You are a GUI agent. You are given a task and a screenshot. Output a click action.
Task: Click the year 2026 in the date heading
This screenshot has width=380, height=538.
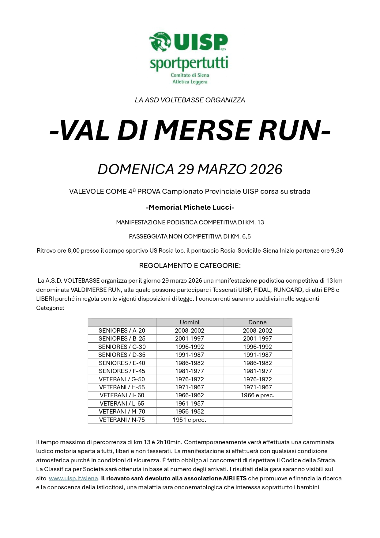click(265, 170)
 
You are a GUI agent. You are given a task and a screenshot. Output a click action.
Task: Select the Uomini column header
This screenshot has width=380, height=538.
click(189, 322)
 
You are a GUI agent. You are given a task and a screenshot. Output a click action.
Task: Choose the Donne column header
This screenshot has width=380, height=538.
click(257, 322)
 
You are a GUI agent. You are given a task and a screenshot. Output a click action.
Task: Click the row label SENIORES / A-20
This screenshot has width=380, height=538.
click(122, 330)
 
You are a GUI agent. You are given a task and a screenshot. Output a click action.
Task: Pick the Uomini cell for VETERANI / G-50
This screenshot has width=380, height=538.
click(189, 379)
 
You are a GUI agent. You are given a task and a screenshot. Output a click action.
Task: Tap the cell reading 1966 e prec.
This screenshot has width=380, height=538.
click(257, 395)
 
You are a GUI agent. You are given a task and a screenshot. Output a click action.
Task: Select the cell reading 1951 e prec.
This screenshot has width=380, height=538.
click(189, 420)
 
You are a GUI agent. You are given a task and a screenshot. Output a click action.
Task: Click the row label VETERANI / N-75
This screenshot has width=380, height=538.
click(122, 420)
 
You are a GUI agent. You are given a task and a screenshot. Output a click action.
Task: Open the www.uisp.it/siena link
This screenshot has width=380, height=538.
click(73, 478)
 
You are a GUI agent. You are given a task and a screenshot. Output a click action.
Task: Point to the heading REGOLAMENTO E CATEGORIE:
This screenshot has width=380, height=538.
click(190, 265)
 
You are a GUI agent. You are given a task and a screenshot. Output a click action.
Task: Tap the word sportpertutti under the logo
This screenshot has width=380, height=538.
click(189, 63)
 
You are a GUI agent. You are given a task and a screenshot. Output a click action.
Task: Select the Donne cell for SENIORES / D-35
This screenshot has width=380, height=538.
click(257, 355)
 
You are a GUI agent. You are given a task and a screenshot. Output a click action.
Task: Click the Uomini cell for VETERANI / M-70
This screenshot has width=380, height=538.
click(189, 412)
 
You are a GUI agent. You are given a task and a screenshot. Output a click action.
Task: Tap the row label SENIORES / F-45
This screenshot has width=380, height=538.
click(122, 371)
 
